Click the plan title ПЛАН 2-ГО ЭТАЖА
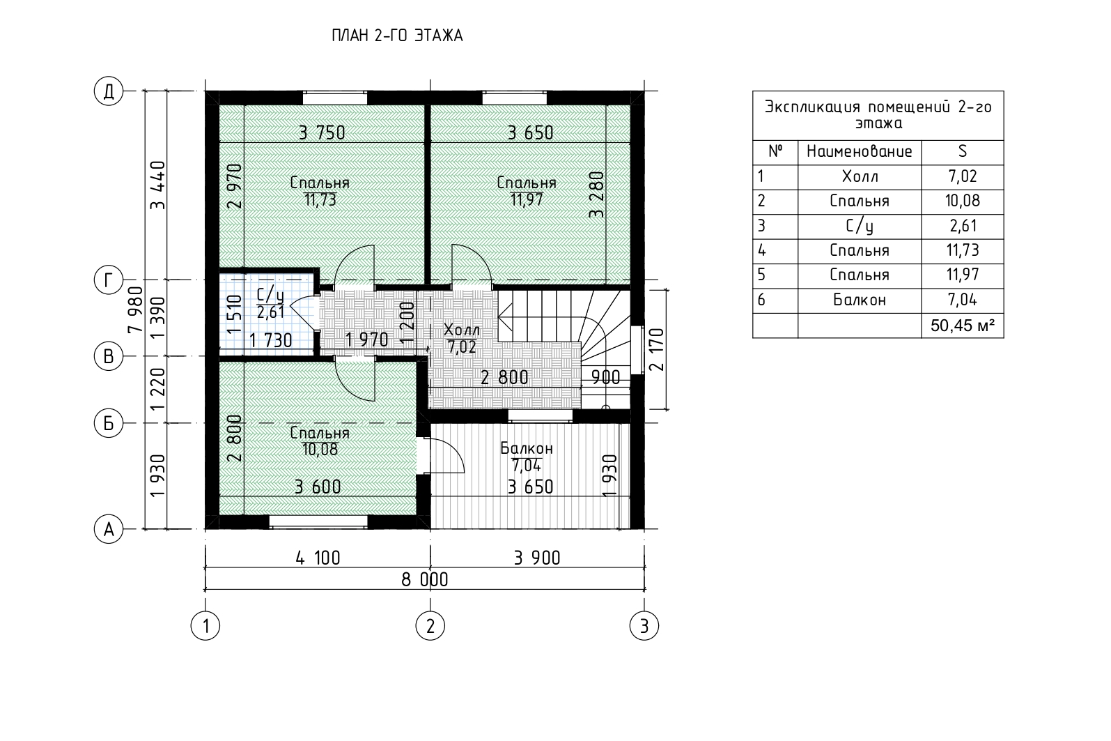pos(397,36)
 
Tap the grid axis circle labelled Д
pos(109,91)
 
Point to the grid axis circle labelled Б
pos(109,423)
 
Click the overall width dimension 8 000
pos(425,580)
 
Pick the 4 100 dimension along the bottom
pos(318,558)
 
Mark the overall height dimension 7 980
pos(135,310)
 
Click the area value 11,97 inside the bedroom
pos(527,200)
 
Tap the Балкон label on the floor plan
pos(527,449)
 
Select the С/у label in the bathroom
pos(270,296)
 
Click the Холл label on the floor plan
pos(462,330)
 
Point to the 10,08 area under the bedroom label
pos(320,450)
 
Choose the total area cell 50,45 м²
pos(963,326)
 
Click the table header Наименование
pos(860,151)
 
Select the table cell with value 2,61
pos(963,227)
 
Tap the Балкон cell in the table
pos(860,300)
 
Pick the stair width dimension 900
pos(605,378)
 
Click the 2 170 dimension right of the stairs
pos(656,349)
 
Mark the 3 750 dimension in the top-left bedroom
pos(322,133)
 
